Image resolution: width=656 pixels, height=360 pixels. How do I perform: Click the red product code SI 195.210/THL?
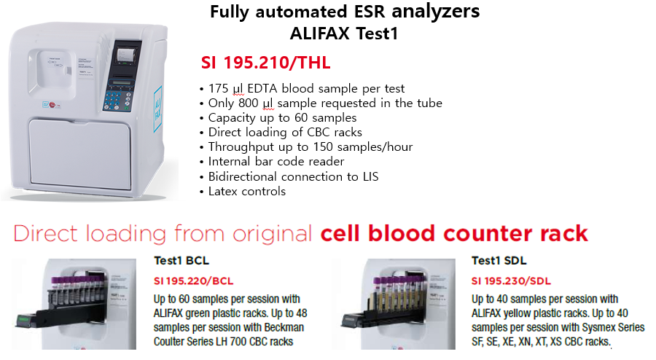[265, 63]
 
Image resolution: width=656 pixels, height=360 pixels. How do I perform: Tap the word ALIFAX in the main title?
[320, 34]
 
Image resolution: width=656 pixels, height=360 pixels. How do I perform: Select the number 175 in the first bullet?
[219, 88]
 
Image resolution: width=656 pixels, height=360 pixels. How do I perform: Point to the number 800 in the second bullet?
[249, 103]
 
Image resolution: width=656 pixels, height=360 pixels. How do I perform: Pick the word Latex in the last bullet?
[224, 192]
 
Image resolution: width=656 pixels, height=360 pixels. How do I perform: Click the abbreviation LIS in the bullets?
[371, 176]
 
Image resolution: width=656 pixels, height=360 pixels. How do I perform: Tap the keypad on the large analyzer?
[117, 101]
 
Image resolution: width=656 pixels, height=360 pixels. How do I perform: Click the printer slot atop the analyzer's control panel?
[124, 55]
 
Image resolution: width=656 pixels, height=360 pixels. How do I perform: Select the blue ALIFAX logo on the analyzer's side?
[157, 109]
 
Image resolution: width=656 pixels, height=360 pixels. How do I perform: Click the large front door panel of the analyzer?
[80, 154]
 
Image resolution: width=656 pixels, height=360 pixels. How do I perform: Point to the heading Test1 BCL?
[181, 260]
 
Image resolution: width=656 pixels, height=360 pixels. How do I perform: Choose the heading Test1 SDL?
[499, 260]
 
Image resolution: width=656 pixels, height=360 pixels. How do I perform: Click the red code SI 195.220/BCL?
[194, 281]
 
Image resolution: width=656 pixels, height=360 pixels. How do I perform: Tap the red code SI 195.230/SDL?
[511, 281]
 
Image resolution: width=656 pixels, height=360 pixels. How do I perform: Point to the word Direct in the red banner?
[46, 234]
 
